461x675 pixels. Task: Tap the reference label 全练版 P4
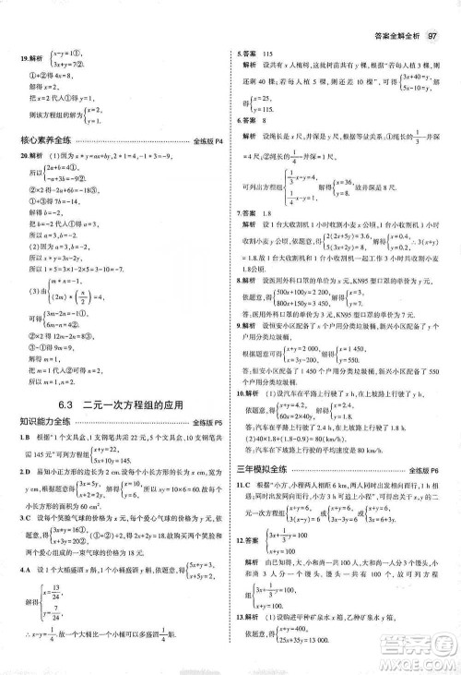pyautogui.click(x=207, y=140)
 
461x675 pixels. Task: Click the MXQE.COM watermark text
pyautogui.click(x=420, y=659)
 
